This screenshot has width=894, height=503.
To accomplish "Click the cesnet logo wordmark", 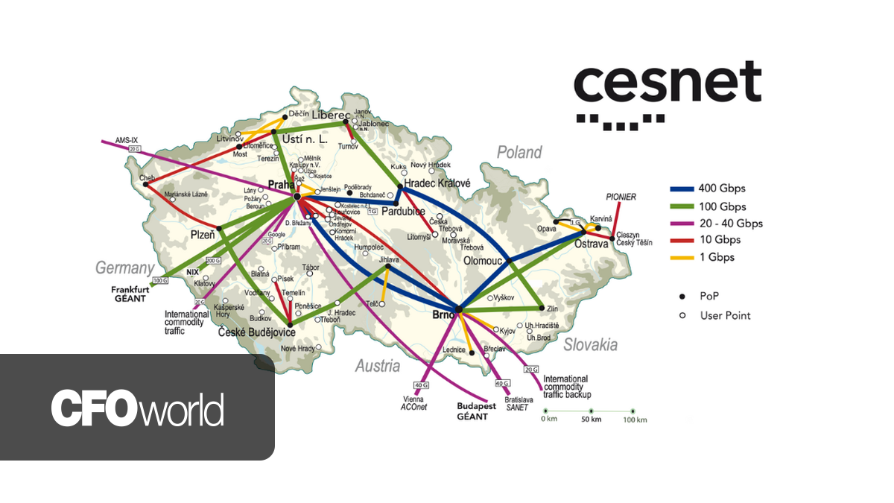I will click(x=667, y=83).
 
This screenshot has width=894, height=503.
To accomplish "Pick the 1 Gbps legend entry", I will click(x=712, y=257).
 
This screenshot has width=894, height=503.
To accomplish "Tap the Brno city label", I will click(x=440, y=316).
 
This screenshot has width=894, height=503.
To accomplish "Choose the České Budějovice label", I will click(x=256, y=333).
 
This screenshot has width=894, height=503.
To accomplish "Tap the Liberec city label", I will click(x=331, y=116).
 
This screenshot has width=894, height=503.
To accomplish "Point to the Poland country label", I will click(x=519, y=153).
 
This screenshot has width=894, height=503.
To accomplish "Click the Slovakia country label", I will click(x=590, y=345).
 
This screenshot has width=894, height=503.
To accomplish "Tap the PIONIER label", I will click(x=621, y=197).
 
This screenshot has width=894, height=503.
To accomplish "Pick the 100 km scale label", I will click(x=633, y=420).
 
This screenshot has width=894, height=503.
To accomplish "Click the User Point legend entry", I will click(x=725, y=315).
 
